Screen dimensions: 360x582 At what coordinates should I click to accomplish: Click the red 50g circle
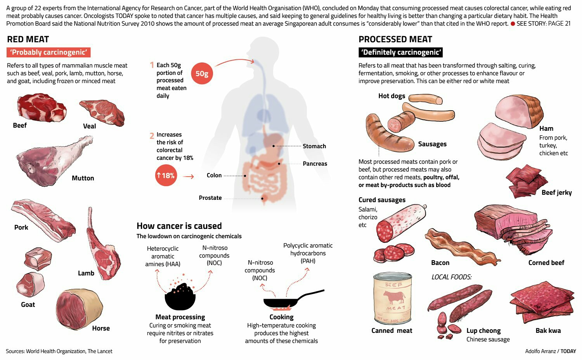click(x=202, y=73)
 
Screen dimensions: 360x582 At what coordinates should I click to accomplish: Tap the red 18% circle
click(x=166, y=175)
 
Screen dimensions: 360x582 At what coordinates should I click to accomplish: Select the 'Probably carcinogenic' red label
click(x=48, y=52)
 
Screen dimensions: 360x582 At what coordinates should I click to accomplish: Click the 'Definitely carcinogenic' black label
click(x=400, y=52)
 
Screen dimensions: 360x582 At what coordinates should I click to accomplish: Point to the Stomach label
click(x=314, y=146)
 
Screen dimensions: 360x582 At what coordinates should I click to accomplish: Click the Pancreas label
click(x=315, y=164)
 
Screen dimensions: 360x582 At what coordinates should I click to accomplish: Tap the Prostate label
click(x=210, y=198)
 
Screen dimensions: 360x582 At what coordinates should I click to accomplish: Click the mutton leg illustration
click(x=50, y=161)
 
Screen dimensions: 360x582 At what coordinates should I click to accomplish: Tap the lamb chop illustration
click(x=102, y=248)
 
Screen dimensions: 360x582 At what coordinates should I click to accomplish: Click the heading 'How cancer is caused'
click(x=179, y=226)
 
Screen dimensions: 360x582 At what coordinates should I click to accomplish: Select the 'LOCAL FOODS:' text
click(x=452, y=277)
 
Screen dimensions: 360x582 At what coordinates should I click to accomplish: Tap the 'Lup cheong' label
click(x=483, y=331)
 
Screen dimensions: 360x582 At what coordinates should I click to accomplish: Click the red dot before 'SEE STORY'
click(x=513, y=24)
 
